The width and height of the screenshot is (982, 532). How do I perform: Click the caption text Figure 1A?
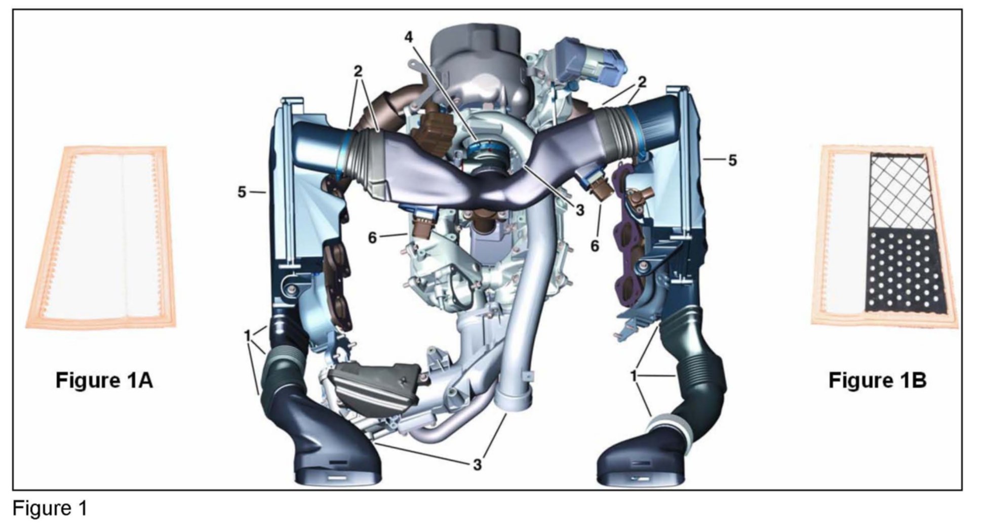coord(104,380)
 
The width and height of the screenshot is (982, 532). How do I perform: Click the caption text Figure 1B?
coord(878,380)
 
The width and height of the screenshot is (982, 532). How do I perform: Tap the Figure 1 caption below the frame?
coord(50,508)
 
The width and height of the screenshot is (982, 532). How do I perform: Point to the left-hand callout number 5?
coord(242,192)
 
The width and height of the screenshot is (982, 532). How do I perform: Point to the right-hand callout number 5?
coord(732,160)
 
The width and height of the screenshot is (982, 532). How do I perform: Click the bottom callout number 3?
coord(477,464)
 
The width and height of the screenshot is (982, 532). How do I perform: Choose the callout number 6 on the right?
coord(595,247)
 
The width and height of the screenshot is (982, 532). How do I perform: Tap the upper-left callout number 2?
coord(358,71)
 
